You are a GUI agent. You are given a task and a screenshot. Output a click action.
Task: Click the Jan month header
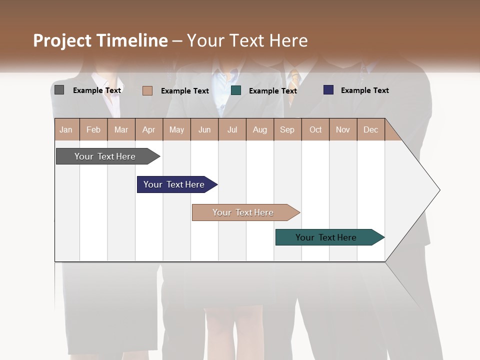pyautogui.click(x=66, y=129)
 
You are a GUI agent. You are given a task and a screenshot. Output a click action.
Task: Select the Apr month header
pyautogui.click(x=148, y=129)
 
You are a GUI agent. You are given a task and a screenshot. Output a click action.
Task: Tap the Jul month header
pyautogui.click(x=232, y=129)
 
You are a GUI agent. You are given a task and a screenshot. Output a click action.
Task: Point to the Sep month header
pyautogui.click(x=287, y=129)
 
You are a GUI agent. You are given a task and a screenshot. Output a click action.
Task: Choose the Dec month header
pyautogui.click(x=370, y=129)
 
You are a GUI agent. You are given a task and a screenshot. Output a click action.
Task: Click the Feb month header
pyautogui.click(x=93, y=129)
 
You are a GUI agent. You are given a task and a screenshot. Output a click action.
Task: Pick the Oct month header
pyautogui.click(x=315, y=129)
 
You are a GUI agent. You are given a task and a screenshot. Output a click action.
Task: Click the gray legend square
pyautogui.click(x=59, y=90)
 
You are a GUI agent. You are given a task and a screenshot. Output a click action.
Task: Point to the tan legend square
pyautogui.click(x=147, y=90)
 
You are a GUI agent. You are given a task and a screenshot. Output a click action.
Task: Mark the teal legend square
pyautogui.click(x=236, y=90)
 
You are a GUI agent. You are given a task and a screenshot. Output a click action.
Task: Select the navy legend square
pyautogui.click(x=328, y=90)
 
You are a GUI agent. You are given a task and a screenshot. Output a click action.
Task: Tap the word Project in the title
pyautogui.click(x=62, y=40)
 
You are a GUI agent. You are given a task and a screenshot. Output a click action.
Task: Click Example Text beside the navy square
pyautogui.click(x=364, y=90)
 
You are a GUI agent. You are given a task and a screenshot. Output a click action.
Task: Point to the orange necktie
pyautogui.click(x=295, y=79)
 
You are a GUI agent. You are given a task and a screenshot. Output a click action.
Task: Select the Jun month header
pyautogui.click(x=204, y=129)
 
